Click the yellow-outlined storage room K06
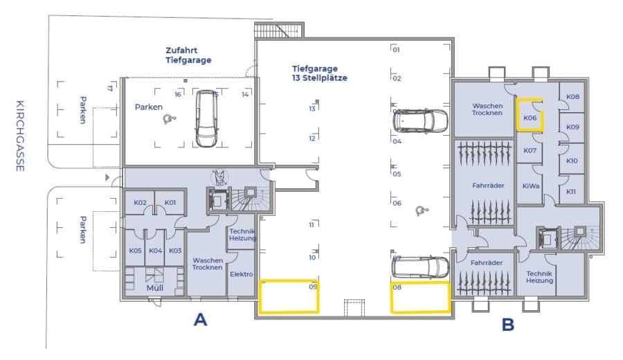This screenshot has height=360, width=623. click(530, 114)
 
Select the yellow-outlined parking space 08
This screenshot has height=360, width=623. click(420, 296)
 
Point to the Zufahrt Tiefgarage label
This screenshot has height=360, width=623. click(188, 55)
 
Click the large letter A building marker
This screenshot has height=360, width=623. click(201, 319)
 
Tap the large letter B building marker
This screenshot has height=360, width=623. click(507, 323)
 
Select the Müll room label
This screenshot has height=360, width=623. click(154, 287)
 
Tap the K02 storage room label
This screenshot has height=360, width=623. click(140, 202)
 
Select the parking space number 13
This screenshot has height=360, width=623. click(312, 109)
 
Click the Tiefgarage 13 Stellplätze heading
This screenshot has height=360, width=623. click(319, 73)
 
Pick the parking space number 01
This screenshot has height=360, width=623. click(397, 50)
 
